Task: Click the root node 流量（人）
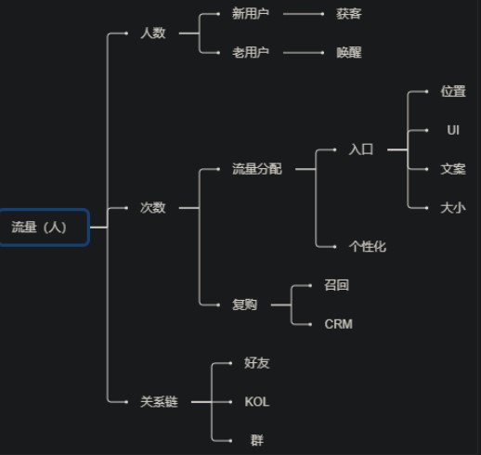[45, 227]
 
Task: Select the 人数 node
[153, 33]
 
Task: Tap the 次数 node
[153, 208]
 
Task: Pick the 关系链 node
[159, 402]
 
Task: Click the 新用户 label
[251, 14]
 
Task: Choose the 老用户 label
[251, 53]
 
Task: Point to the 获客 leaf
[349, 14]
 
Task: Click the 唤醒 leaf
[349, 53]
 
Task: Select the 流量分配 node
[257, 169]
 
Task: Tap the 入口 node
[361, 149]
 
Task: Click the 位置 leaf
[453, 91]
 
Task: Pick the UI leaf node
[453, 130]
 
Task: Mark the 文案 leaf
[453, 169]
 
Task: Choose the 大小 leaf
[453, 208]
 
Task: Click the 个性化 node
[368, 247]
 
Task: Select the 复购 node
[244, 305]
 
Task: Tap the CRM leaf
[338, 324]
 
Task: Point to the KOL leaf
[257, 402]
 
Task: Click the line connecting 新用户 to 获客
[304, 14]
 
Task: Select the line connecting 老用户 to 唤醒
[304, 53]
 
